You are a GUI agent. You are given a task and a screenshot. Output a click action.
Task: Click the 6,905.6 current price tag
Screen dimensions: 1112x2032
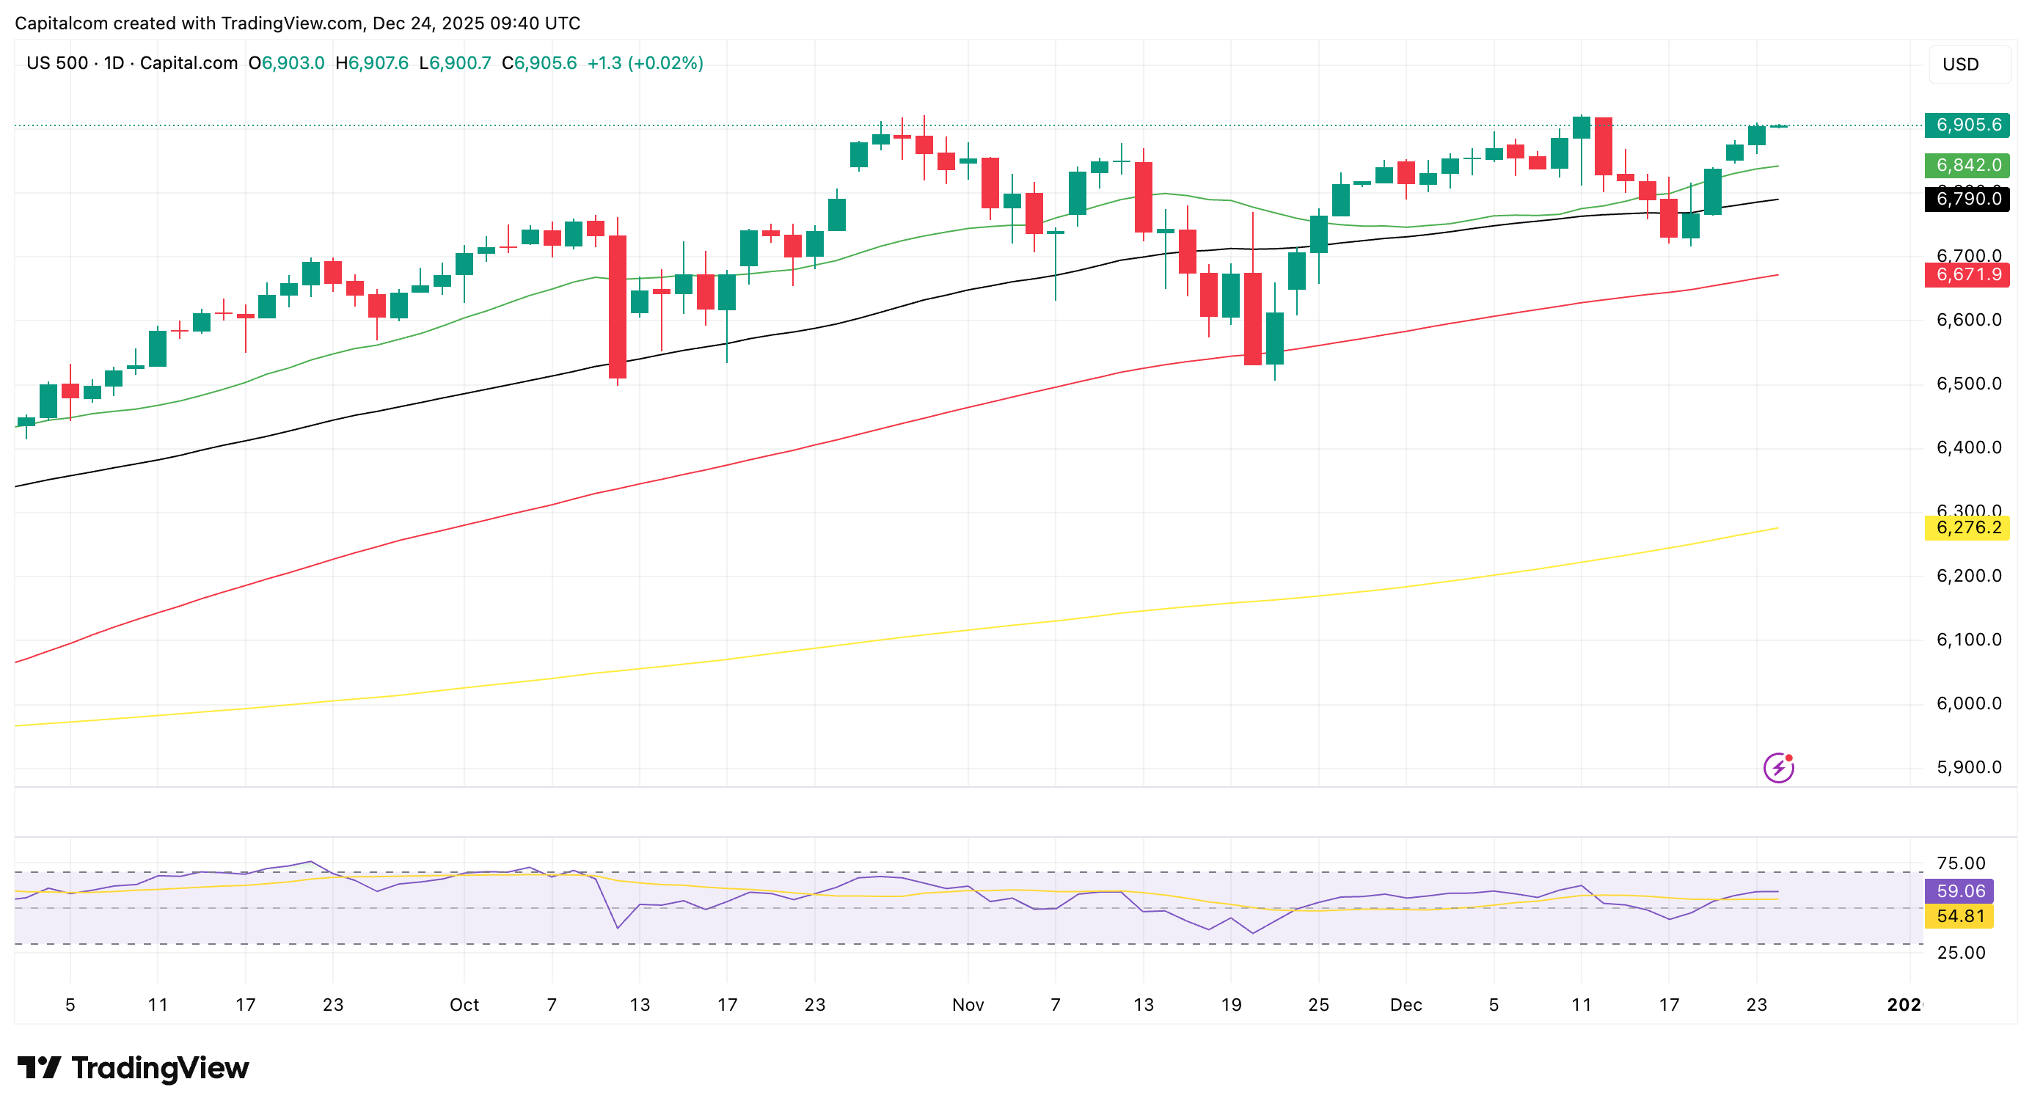[1967, 125]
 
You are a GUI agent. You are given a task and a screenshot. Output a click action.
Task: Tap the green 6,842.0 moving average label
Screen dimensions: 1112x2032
[1967, 165]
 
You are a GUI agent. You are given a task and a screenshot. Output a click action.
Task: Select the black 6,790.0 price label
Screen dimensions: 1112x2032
[1967, 198]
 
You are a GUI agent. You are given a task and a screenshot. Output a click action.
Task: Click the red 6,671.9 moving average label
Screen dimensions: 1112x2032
[1967, 274]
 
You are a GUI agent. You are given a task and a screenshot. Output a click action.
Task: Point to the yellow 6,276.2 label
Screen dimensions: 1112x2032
[1967, 527]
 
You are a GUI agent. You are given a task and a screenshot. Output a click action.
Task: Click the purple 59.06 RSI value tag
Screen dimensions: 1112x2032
[1959, 890]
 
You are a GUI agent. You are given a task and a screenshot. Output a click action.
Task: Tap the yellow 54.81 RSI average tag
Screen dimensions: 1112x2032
[1959, 915]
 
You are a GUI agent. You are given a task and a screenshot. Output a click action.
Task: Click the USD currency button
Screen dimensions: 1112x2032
[1969, 64]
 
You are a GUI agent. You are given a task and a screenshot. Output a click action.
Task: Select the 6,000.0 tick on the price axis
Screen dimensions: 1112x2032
[1968, 703]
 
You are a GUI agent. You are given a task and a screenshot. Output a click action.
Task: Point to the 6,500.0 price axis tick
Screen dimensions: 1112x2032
[1968, 384]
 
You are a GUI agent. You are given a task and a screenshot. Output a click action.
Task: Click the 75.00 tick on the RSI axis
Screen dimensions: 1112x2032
[1960, 863]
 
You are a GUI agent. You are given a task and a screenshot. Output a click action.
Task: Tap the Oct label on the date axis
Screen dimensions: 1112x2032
[464, 1005]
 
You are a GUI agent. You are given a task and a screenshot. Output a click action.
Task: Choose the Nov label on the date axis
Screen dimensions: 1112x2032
[967, 1005]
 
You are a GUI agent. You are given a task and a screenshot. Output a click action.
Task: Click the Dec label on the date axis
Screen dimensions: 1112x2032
[1406, 1005]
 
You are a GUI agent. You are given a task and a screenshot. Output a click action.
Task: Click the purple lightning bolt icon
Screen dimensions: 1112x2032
[1779, 767]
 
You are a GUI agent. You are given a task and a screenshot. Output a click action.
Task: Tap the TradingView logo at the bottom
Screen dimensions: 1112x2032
[133, 1068]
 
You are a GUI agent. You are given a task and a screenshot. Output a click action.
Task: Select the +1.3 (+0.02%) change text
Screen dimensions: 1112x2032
[645, 63]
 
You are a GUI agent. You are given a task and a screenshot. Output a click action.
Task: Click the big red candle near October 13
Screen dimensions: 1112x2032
[618, 307]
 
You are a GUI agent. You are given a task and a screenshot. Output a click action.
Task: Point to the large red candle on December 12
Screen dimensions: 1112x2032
[1603, 147]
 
